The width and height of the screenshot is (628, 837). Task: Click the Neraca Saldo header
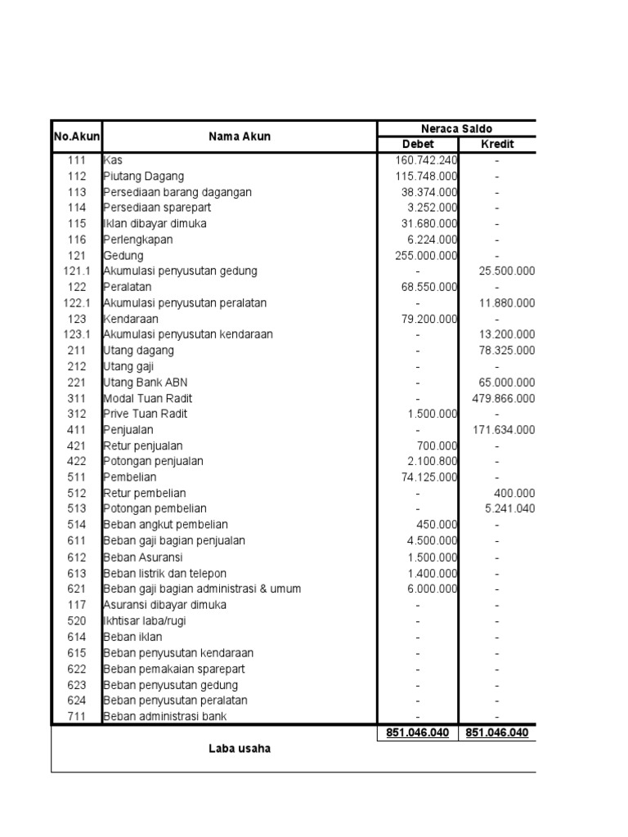point(456,128)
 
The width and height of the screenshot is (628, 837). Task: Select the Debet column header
point(417,145)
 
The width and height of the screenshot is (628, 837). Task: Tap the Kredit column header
point(497,145)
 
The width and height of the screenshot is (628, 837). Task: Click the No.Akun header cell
point(76,137)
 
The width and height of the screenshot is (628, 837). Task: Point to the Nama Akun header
point(239,137)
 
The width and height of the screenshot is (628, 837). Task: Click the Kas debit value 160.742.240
point(423,160)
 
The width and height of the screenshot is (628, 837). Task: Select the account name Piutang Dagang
point(144,176)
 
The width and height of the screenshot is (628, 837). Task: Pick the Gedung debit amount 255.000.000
point(426,255)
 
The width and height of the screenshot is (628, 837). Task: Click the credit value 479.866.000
point(504,398)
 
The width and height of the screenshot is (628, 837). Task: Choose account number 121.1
point(77,271)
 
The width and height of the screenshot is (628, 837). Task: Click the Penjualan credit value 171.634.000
point(504,430)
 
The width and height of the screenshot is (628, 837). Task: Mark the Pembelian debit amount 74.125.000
point(426,477)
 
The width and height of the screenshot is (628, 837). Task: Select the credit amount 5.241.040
point(509,509)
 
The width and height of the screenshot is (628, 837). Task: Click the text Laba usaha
point(239,748)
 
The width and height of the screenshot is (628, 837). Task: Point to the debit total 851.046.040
point(417,733)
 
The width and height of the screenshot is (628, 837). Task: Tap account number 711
point(77,716)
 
